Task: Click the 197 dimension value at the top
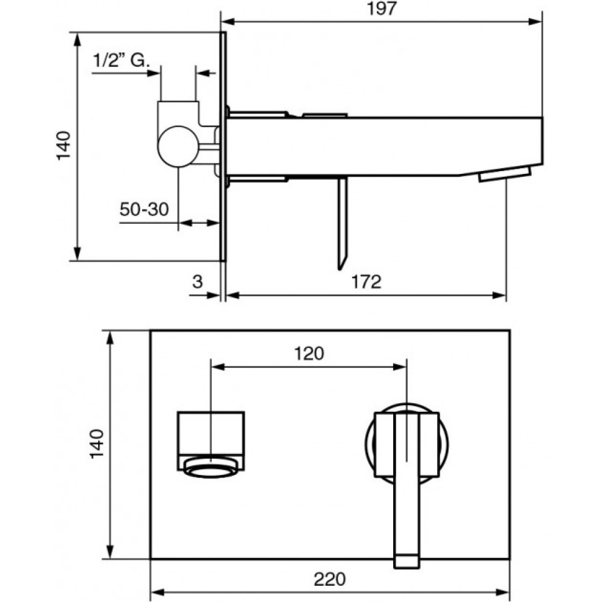coord(382,8)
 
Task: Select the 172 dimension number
coord(366,282)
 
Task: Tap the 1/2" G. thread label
coord(121,60)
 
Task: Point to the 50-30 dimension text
coord(144,209)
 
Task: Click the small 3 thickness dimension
coord(197,282)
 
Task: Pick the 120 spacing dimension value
coord(309,353)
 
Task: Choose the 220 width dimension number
coord(330,579)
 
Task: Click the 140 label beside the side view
coord(64,146)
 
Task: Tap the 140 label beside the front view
coord(96,444)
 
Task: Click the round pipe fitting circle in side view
coord(178,146)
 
